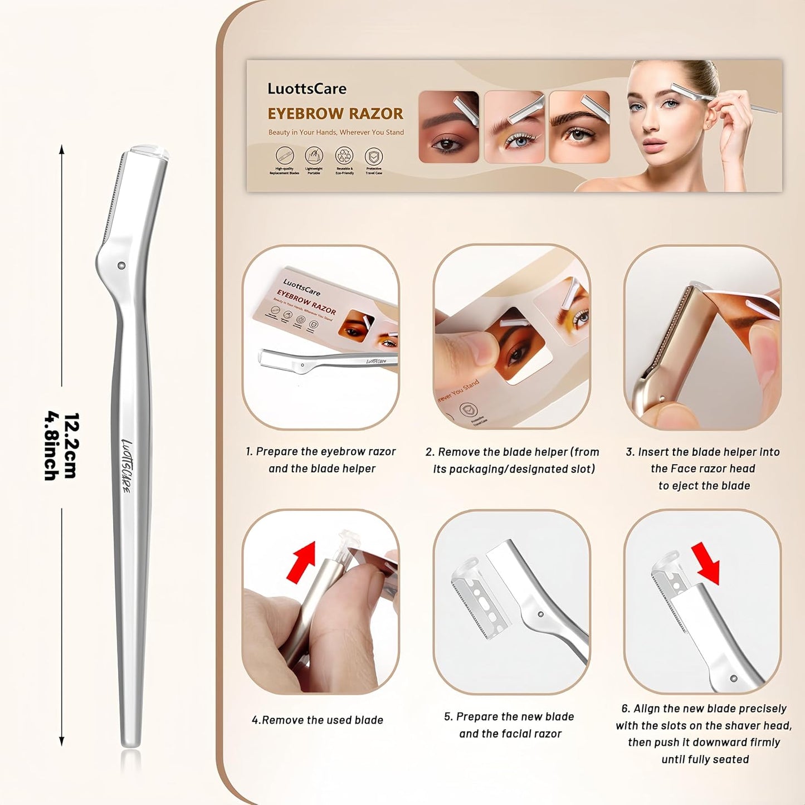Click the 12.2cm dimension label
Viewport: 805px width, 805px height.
coord(71,445)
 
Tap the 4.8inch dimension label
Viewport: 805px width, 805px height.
coord(52,446)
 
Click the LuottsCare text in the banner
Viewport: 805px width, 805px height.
coord(307,89)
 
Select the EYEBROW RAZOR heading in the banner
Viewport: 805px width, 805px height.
coord(335,114)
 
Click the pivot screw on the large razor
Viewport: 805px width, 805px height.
coord(121,265)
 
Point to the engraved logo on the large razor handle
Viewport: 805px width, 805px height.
coord(126,466)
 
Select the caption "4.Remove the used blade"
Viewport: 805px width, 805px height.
coord(318,720)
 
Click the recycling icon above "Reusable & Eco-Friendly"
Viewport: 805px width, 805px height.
coord(344,155)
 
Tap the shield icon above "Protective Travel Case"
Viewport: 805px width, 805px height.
coord(374,156)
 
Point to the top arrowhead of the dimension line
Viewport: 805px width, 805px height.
coord(62,149)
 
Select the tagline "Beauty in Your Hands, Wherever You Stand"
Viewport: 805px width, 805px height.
coord(336,133)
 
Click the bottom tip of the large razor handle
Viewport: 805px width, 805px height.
coord(131,743)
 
